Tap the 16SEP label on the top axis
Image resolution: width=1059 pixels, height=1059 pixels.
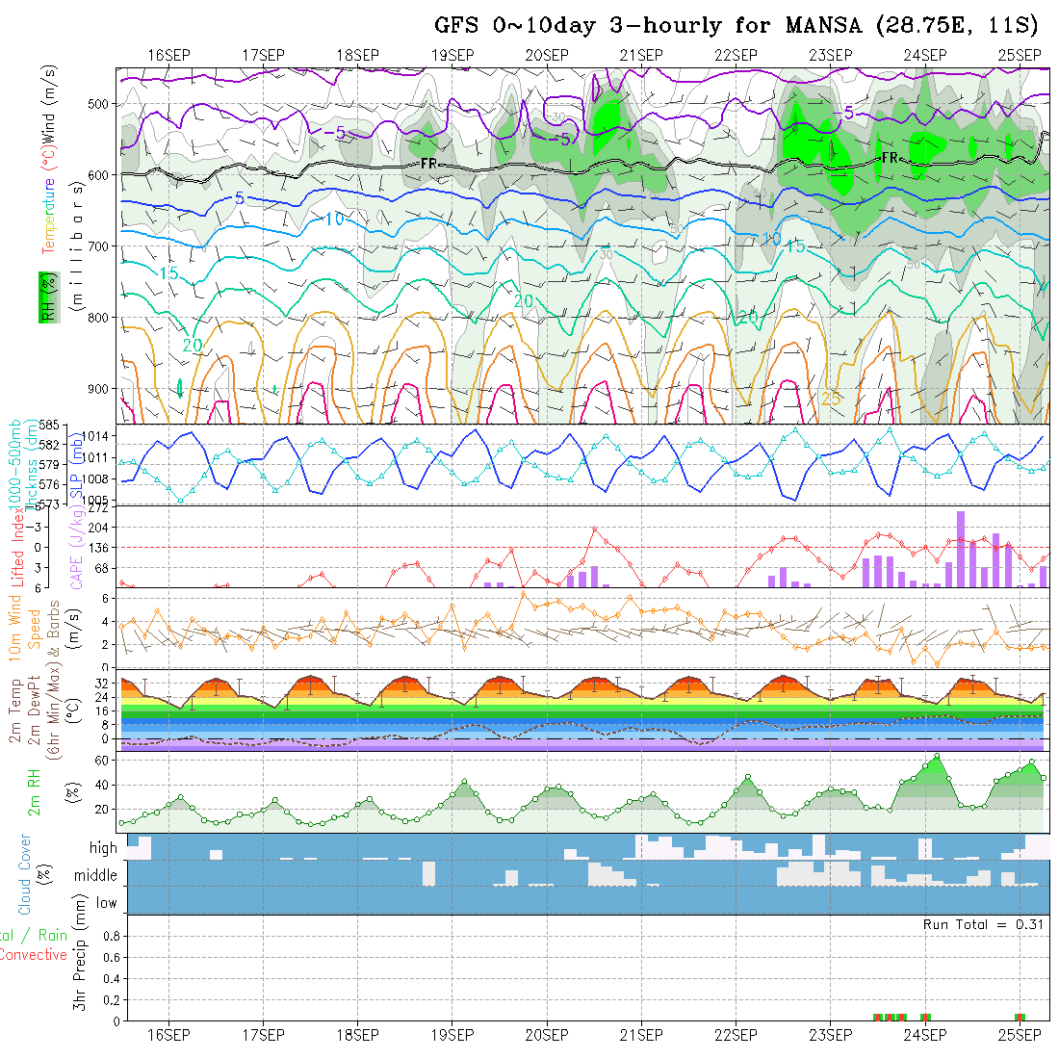click(168, 55)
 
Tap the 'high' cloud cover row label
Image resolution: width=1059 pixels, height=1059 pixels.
click(103, 848)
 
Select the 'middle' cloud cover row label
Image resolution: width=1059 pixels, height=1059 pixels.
click(96, 876)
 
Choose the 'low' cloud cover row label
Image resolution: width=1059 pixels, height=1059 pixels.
click(106, 903)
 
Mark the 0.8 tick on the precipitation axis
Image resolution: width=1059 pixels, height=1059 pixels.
click(111, 936)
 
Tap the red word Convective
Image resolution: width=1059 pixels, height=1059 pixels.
click(33, 955)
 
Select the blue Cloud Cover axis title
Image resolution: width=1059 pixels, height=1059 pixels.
click(25, 875)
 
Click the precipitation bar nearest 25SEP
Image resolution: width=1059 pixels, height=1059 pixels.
click(1020, 1017)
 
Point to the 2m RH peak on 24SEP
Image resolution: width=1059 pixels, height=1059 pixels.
click(937, 756)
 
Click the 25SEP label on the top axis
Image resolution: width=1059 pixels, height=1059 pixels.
click(1019, 55)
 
